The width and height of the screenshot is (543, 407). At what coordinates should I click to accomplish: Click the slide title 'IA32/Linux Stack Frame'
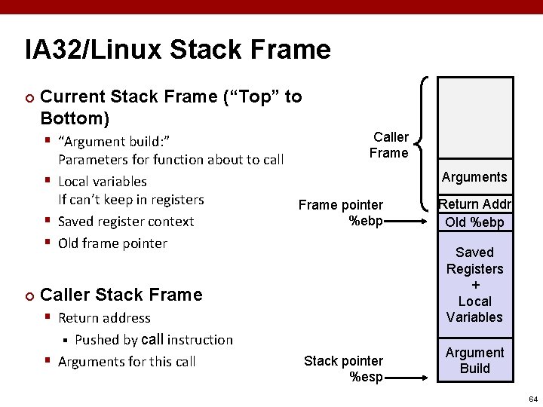pos(178,50)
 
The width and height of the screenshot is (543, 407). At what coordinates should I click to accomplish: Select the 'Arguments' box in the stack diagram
pos(474,177)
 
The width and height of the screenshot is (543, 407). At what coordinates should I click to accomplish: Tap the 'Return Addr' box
pos(475,204)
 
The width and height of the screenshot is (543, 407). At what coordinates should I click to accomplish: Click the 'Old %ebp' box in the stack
pos(474,222)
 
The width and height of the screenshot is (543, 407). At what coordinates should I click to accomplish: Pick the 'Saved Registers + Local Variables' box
pos(474,284)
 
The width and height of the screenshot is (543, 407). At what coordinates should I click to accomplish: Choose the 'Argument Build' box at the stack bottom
pos(474,360)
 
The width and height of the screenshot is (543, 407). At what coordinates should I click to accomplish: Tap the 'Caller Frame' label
pos(389,145)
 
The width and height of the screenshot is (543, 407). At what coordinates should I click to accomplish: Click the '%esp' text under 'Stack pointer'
pos(367,377)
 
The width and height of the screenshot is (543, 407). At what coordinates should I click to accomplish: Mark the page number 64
pos(533,398)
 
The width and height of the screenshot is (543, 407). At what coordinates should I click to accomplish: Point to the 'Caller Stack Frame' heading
pos(121,295)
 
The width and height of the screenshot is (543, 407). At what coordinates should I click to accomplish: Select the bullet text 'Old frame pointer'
pos(112,243)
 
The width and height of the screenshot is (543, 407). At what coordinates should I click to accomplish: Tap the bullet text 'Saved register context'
pos(126,222)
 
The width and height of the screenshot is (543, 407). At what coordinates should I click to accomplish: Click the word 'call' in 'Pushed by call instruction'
pos(152,339)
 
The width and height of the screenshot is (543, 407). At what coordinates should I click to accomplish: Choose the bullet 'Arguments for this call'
pos(127,362)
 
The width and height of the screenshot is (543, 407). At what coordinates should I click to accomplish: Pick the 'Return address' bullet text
pos(104,318)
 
